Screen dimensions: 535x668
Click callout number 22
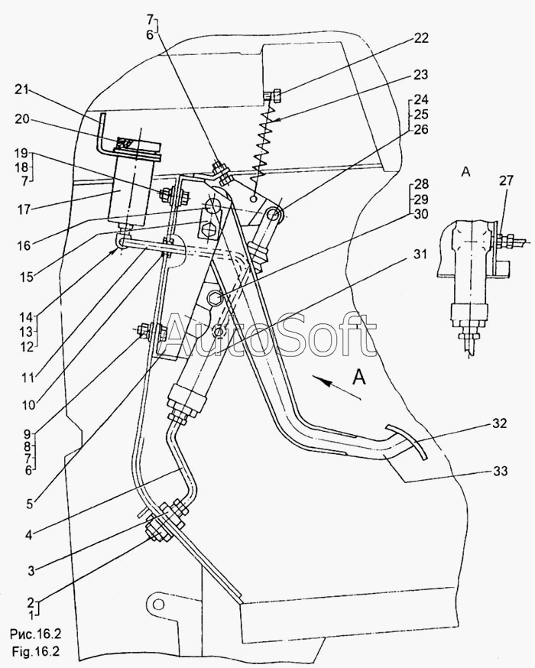(421, 37)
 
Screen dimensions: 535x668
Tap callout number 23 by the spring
(421, 75)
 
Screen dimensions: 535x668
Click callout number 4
(28, 534)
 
